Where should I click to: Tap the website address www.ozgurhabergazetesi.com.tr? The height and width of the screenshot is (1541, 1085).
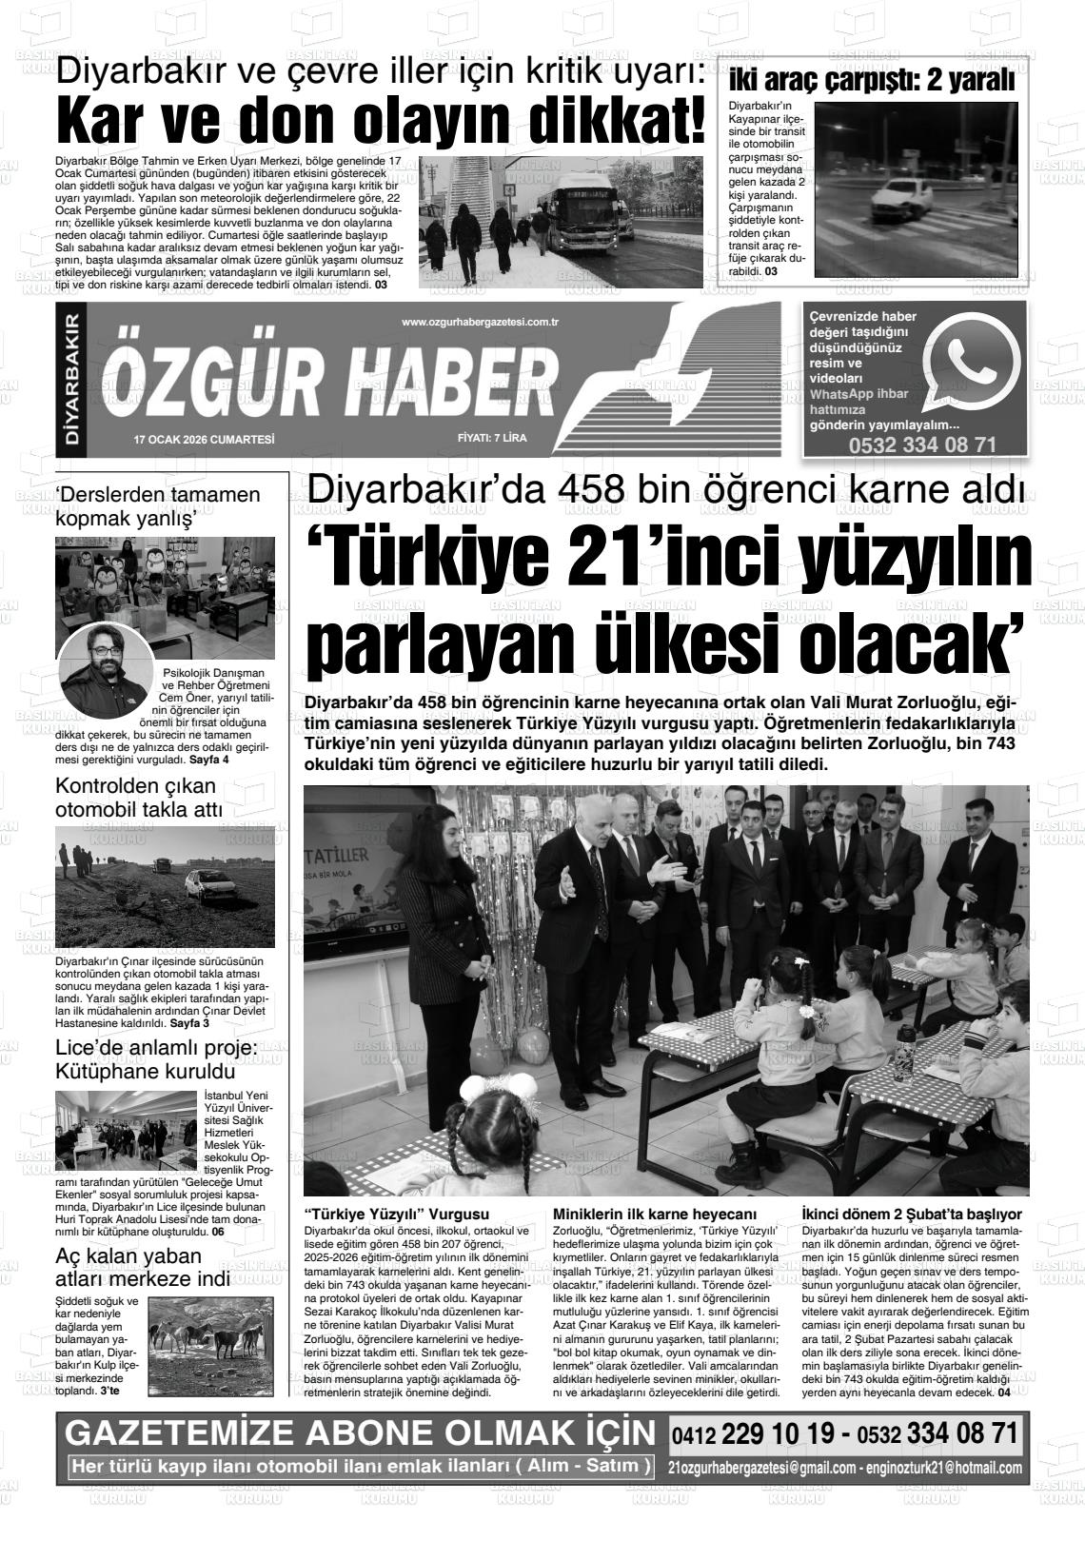[x=480, y=323]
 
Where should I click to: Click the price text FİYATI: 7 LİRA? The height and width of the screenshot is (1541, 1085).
[x=492, y=439]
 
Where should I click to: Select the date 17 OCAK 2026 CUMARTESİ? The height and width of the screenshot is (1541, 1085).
[x=205, y=439]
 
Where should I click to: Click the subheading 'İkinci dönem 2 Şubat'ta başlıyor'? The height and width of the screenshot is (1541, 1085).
[x=912, y=1214]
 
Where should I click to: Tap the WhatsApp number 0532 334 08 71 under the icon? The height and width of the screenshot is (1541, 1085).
[x=922, y=445]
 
